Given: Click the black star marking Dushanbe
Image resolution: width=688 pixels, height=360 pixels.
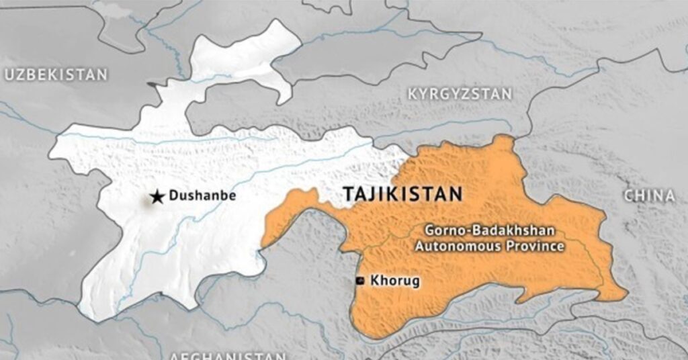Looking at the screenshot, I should pyautogui.click(x=157, y=197).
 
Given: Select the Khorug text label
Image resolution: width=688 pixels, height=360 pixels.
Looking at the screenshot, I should pyautogui.click(x=395, y=281).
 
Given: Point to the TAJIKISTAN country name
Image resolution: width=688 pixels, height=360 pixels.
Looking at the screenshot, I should pyautogui.click(x=402, y=195).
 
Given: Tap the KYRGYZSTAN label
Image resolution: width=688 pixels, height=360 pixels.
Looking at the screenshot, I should pyautogui.click(x=460, y=94).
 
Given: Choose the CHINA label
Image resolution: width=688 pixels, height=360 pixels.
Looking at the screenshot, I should pyautogui.click(x=649, y=196).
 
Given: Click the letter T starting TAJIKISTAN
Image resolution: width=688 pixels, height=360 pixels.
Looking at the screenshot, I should pyautogui.click(x=348, y=195).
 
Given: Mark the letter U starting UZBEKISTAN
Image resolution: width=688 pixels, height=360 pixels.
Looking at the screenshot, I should pyautogui.click(x=9, y=75).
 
